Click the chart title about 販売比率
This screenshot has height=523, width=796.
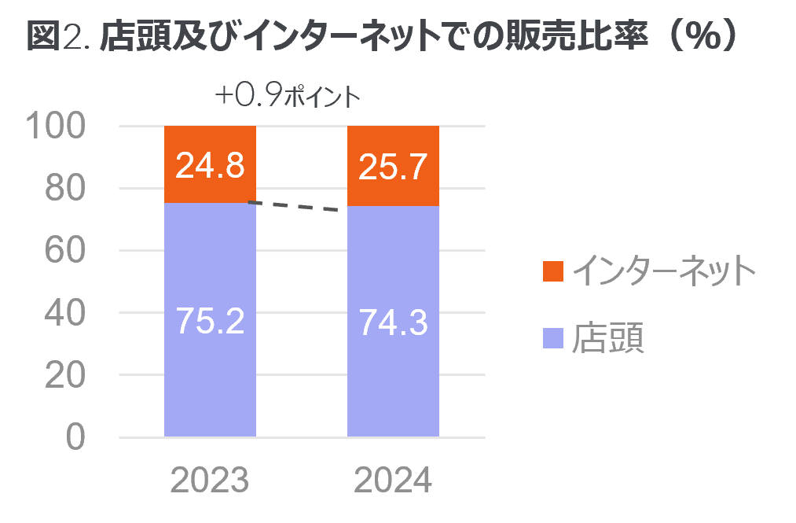382,38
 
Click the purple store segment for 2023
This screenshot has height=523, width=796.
210,370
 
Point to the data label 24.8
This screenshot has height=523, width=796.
210,166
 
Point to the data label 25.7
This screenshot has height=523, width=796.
393,166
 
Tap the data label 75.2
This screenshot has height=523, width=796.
210,321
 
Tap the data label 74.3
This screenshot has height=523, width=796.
393,322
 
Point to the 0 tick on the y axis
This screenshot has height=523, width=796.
75,437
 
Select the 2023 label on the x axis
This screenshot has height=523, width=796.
210,481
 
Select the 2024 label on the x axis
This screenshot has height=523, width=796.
393,481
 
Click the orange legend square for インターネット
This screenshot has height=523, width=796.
553,271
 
